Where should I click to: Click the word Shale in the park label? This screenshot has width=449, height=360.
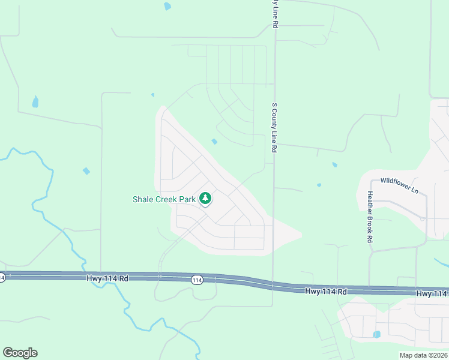(144, 199)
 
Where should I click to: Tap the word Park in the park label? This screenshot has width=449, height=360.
(190, 199)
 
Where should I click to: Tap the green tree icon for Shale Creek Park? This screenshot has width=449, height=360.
(205, 198)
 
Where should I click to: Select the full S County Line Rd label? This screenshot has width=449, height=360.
(274, 127)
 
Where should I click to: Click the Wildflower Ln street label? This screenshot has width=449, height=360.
(399, 184)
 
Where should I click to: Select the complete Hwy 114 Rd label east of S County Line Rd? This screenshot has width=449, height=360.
(327, 292)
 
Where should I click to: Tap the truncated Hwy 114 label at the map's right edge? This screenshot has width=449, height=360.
(432, 293)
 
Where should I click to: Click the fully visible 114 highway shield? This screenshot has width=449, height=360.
(197, 280)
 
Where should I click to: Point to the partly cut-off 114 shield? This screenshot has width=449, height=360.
(2, 277)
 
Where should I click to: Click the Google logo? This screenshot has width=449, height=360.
(20, 352)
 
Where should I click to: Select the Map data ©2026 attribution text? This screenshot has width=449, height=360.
(423, 355)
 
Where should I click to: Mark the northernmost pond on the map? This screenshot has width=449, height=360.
(167, 7)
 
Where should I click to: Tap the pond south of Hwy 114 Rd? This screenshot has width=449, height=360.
(376, 334)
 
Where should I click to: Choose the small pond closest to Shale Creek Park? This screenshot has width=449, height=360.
(214, 142)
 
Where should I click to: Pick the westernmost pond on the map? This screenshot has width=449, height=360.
(35, 101)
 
